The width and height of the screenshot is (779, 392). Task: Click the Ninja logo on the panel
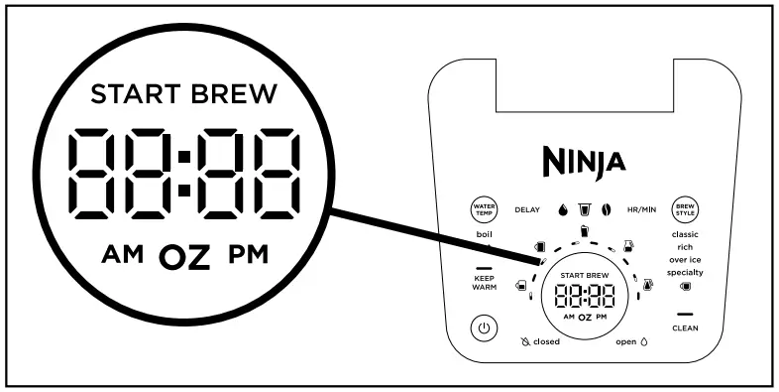584,159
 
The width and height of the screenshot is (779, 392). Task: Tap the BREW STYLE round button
686,210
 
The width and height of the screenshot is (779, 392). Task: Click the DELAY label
526,210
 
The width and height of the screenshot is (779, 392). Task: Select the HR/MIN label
641,210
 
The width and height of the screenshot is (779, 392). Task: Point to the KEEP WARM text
485,284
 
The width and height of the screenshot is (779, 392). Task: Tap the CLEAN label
685,327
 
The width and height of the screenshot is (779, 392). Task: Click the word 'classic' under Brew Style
685,234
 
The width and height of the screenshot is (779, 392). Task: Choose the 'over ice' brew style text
685,259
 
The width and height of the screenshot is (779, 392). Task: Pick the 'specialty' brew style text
685,272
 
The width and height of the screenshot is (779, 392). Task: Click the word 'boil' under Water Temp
484,234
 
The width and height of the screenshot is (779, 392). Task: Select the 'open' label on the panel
625,341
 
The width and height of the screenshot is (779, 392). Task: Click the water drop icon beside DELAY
562,210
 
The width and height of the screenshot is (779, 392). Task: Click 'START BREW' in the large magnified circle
183,94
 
